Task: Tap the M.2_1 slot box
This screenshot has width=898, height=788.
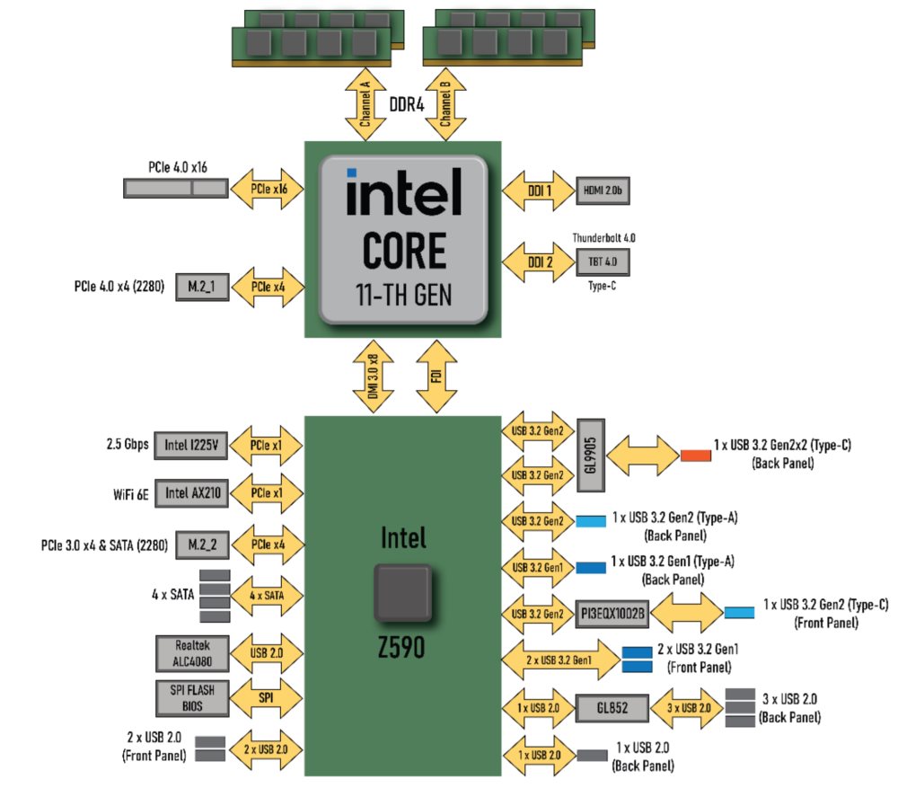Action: click(202, 288)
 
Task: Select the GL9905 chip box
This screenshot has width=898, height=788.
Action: click(589, 454)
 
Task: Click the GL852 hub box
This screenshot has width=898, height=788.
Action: click(612, 708)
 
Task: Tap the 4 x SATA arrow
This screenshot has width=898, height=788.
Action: click(268, 595)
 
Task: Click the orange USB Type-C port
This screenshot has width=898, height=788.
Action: click(695, 455)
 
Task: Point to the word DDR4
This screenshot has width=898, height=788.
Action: click(406, 105)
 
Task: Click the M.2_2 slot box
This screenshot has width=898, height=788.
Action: click(202, 544)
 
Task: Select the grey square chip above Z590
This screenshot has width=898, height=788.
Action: click(403, 592)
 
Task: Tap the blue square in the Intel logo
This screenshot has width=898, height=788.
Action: click(353, 173)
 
